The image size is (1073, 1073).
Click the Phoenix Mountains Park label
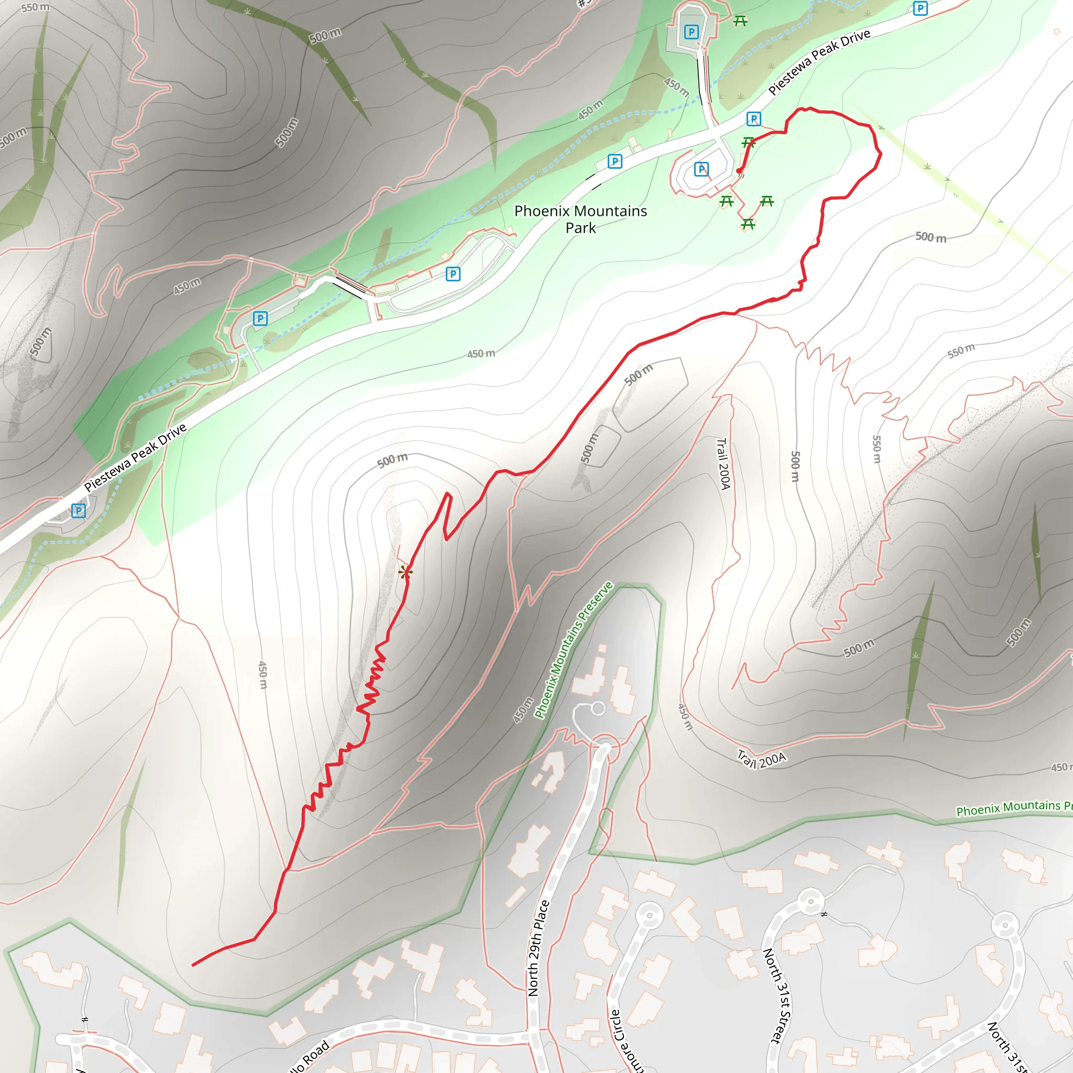click(x=581, y=220)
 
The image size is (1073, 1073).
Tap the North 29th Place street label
click(x=538, y=948)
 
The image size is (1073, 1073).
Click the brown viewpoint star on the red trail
click(x=405, y=572)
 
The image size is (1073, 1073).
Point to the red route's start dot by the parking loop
click(x=739, y=171)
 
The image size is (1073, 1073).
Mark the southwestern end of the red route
click(x=193, y=965)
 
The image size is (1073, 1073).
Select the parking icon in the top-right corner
click(x=920, y=8)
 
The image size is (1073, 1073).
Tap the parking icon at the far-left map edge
click(x=78, y=510)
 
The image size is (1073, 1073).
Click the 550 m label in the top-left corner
click(x=35, y=7)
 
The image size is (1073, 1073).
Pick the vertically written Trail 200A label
click(x=723, y=464)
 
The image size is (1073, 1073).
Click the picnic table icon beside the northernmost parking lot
click(x=740, y=21)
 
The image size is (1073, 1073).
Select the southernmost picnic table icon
click(x=748, y=224)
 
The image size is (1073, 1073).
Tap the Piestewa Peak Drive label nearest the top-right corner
click(x=819, y=62)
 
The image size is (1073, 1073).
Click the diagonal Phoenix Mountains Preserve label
click(x=573, y=650)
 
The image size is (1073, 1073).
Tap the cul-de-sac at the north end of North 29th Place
click(x=598, y=708)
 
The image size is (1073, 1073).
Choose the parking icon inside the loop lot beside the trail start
click(x=702, y=169)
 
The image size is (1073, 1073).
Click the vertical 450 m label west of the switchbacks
click(x=263, y=675)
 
